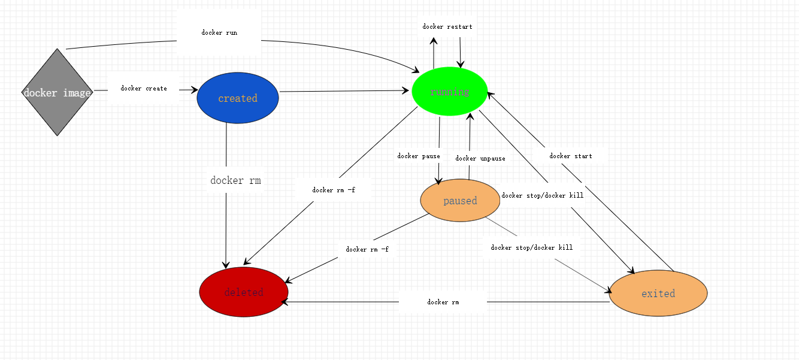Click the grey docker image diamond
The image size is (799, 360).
(x=57, y=92)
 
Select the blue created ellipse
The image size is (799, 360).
(x=238, y=98)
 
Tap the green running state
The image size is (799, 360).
(x=450, y=92)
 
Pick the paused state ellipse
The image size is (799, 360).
(x=460, y=201)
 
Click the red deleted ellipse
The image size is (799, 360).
(x=244, y=292)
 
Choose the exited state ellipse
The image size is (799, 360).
(x=658, y=294)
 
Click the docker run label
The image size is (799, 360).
(x=219, y=33)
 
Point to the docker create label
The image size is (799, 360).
(x=144, y=89)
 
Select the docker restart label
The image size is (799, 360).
(x=447, y=27)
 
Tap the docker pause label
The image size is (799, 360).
(x=419, y=156)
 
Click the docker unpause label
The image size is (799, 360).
(x=480, y=159)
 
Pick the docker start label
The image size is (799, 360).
(x=571, y=156)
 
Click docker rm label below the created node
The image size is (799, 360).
(x=235, y=180)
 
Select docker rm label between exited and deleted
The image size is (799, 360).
(x=443, y=302)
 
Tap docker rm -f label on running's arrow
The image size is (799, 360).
(x=334, y=190)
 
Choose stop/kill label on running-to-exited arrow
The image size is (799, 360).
(x=543, y=195)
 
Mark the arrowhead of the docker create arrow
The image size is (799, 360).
(x=195, y=90)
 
